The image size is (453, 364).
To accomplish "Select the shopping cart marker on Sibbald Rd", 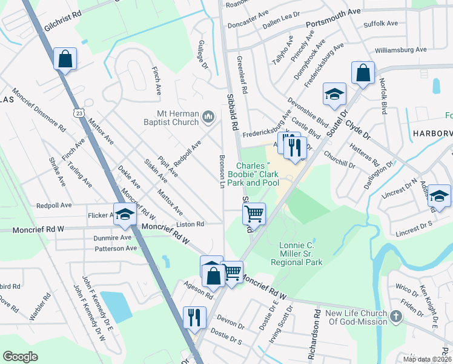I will [x=254, y=213].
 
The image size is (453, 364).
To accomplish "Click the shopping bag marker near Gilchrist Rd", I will [x=65, y=59].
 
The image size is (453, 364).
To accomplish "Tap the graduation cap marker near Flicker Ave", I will [x=125, y=215].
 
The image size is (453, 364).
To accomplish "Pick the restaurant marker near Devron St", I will [x=194, y=317].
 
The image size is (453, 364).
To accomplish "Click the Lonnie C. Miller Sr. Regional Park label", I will [x=300, y=254].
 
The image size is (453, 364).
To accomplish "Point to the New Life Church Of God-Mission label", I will [x=356, y=317].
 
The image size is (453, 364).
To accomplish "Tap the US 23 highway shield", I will [x=78, y=112].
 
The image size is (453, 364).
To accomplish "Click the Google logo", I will [x=21, y=357].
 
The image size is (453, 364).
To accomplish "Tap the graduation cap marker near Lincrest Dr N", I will [x=440, y=195].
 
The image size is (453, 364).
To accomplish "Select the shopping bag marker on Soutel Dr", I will [x=362, y=72].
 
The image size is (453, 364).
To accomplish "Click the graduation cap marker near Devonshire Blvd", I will [x=334, y=93].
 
